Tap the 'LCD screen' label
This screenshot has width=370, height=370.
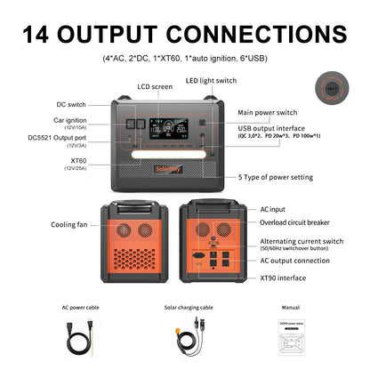tap(155, 86)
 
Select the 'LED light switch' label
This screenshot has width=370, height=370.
tap(212, 80)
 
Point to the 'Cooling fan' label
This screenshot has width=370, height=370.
tap(69, 225)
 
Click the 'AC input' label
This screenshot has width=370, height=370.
tap(273, 208)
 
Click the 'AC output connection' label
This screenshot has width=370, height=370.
tap(294, 261)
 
